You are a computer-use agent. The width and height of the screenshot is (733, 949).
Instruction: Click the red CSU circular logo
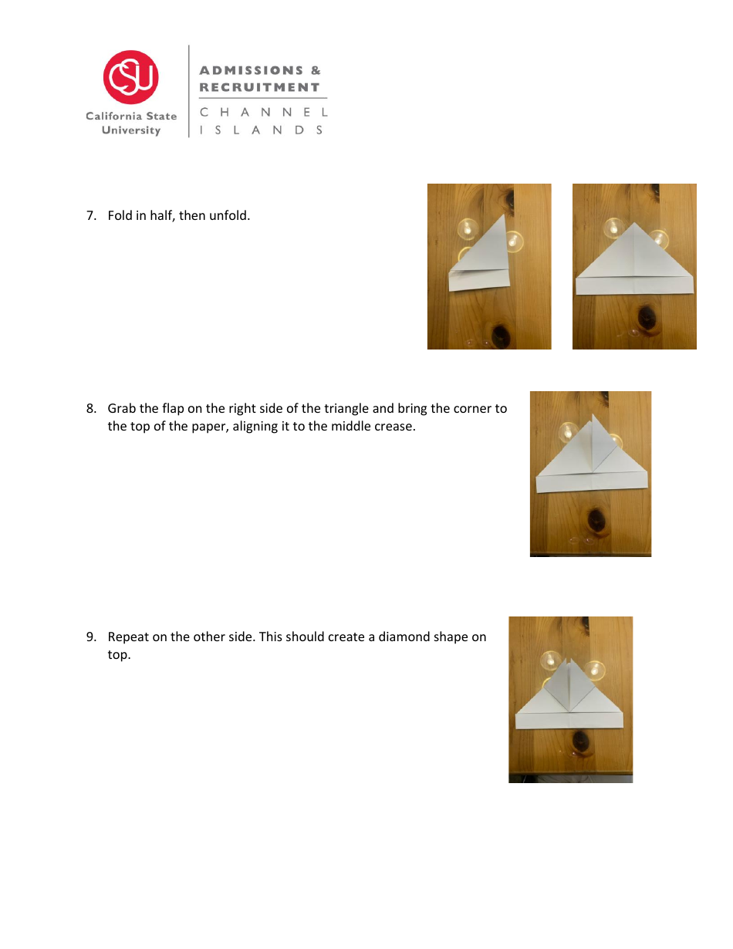click(131, 77)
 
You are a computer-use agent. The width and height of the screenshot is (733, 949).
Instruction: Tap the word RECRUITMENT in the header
click(259, 87)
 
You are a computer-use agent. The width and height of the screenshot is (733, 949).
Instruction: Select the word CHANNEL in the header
click(263, 113)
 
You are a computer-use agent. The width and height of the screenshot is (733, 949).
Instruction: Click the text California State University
click(131, 123)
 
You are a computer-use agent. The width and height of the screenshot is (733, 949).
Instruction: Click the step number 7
click(90, 216)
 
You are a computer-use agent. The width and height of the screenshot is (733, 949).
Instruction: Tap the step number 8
click(90, 409)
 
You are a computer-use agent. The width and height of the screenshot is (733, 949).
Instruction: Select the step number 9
click(90, 637)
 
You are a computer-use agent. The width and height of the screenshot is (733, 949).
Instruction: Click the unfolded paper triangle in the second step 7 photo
click(634, 262)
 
